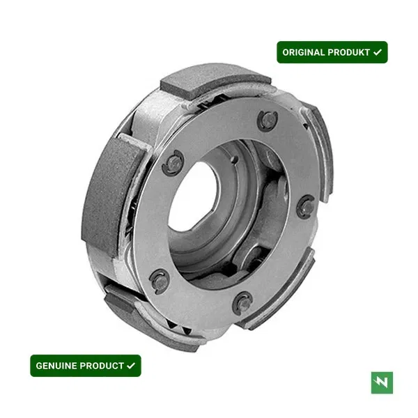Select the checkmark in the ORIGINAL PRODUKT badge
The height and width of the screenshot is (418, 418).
click(x=378, y=52)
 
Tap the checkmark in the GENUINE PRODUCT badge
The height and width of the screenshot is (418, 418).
click(x=131, y=366)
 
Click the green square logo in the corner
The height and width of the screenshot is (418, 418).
click(x=382, y=382)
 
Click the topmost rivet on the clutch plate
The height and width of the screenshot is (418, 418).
click(x=268, y=121)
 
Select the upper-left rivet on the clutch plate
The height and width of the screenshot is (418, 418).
click(x=173, y=162)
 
